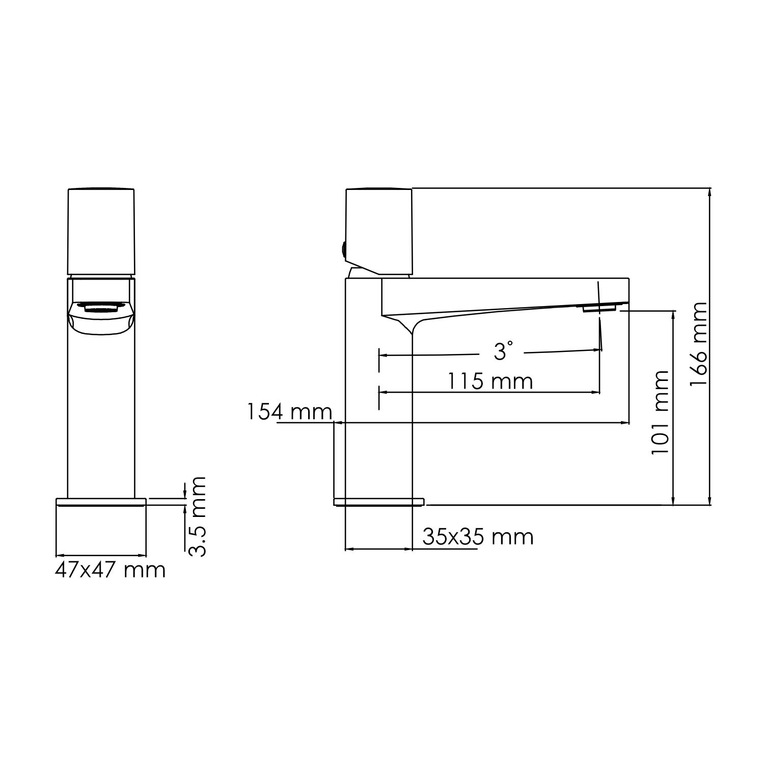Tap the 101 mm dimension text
point(661,413)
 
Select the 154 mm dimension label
point(289,412)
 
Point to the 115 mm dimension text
point(489,381)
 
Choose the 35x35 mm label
point(478,537)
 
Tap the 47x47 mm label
point(110,570)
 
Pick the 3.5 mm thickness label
point(197,516)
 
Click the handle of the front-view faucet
point(101,232)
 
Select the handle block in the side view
point(379,232)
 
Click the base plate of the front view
point(101,502)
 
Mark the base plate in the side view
point(378,502)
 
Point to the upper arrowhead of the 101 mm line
point(674,314)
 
